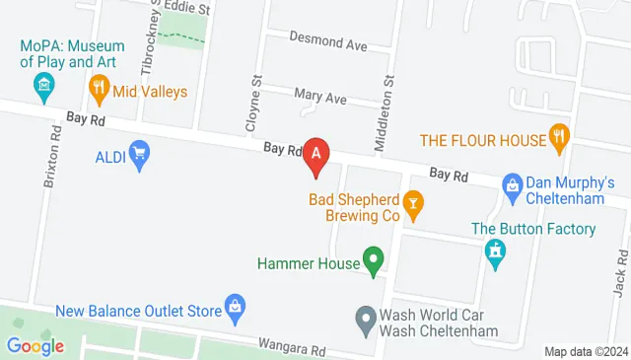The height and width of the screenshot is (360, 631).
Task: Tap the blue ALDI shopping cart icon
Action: [x=139, y=153]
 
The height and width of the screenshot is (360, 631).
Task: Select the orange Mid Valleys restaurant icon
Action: [x=99, y=91]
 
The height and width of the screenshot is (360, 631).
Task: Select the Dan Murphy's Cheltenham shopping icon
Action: [x=512, y=183]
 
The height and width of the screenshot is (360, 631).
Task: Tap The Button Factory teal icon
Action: [x=494, y=253]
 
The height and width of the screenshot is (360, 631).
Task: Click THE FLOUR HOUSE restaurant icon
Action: [x=559, y=138]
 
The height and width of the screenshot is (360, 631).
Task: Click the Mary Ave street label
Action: [x=321, y=99]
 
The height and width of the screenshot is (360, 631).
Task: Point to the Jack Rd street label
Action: [x=620, y=266]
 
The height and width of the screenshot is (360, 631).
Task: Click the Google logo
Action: [x=35, y=345]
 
